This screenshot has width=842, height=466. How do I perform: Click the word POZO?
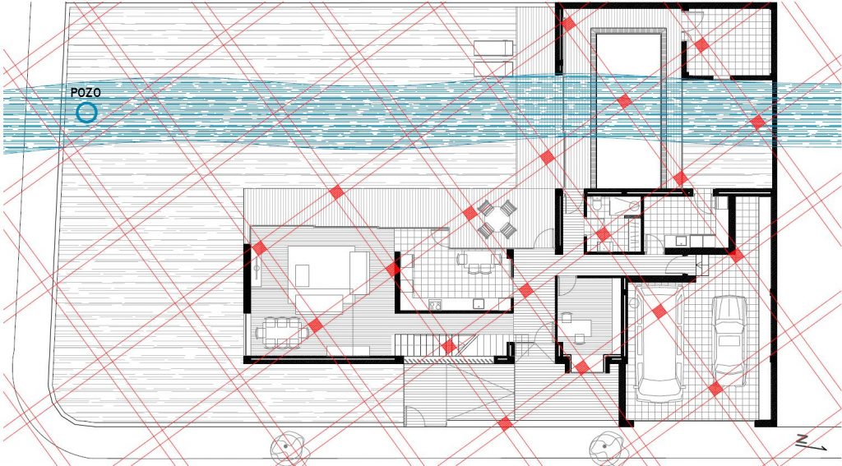point(86,93)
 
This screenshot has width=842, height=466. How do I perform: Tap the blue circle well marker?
point(86,113)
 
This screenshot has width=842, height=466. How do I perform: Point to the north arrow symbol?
point(811,442)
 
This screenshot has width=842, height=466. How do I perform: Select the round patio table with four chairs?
point(497,219)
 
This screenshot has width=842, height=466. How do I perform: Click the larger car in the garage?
point(659,344)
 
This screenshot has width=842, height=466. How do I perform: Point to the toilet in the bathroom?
point(598,205)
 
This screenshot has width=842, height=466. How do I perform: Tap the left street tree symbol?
point(288,446)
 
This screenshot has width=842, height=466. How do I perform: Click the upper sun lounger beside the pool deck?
point(493,48)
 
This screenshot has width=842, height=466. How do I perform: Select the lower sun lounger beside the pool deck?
point(493,68)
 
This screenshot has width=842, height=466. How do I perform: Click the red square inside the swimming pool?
point(624,101)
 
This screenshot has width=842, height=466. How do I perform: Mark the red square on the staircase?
point(450,346)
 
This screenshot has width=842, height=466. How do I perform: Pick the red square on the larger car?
point(659,311)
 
